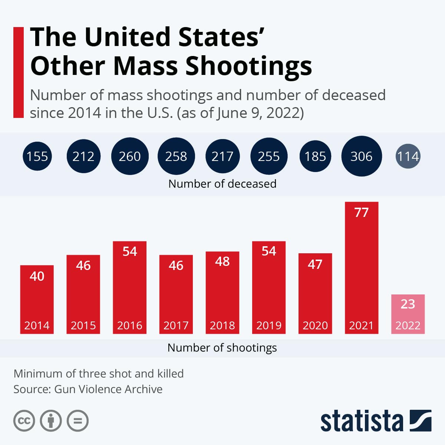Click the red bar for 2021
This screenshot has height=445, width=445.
pyautogui.click(x=362, y=268)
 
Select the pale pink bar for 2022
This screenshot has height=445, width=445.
pyautogui.click(x=408, y=314)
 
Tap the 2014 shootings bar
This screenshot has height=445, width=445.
pyautogui.click(x=37, y=300)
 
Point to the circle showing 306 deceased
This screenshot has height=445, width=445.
pyautogui.click(x=362, y=156)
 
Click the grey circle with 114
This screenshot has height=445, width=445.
pyautogui.click(x=408, y=156)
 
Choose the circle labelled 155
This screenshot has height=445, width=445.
pyautogui.click(x=37, y=156)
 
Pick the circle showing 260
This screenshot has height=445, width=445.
pyautogui.click(x=130, y=156)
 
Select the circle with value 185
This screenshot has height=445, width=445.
pyautogui.click(x=315, y=156)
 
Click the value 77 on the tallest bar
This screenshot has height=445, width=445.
pyautogui.click(x=362, y=212)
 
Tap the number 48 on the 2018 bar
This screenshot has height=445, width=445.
pyautogui.click(x=222, y=261)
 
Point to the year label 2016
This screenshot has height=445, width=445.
pyautogui.click(x=129, y=325)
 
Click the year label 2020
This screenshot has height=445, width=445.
pyautogui.click(x=315, y=325)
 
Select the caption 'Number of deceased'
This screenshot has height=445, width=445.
pyautogui.click(x=222, y=184)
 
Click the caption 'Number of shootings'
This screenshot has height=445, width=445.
pyautogui.click(x=222, y=348)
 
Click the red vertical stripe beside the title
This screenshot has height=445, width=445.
pyautogui.click(x=19, y=73)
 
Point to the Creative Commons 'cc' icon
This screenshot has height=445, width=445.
pyautogui.click(x=24, y=421)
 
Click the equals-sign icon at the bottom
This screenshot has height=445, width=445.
pyautogui.click(x=78, y=421)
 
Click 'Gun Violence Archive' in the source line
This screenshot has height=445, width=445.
pyautogui.click(x=108, y=389)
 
